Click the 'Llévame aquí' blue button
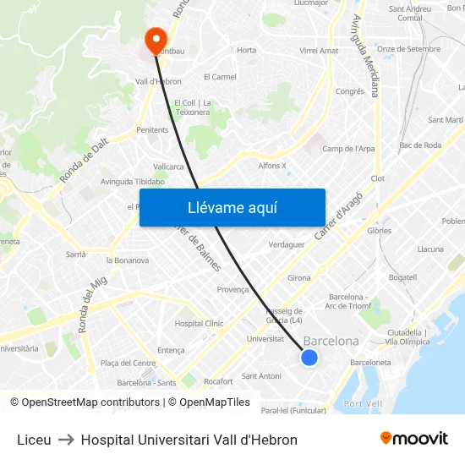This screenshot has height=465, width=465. pyautogui.click(x=232, y=207)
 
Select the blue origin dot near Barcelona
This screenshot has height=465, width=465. pyautogui.click(x=309, y=358)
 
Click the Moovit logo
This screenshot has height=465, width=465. pyautogui.click(x=414, y=439)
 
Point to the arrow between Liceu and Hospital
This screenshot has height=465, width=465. pyautogui.click(x=66, y=440)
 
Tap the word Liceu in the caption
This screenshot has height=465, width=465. pyautogui.click(x=34, y=440)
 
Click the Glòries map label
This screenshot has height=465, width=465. pyautogui.click(x=378, y=230)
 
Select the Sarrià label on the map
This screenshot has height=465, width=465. pyautogui.click(x=76, y=254)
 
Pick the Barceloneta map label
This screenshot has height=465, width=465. pyautogui.click(x=370, y=362)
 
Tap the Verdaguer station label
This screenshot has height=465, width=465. pyautogui.click(x=286, y=244)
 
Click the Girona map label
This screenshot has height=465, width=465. pyautogui.click(x=298, y=277)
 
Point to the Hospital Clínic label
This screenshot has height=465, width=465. pyautogui.click(x=199, y=323)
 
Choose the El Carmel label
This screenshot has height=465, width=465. pyautogui.click(x=220, y=77)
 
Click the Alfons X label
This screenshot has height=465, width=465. pyautogui.click(x=272, y=166)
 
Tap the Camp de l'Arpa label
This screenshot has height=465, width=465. pyautogui.click(x=348, y=149)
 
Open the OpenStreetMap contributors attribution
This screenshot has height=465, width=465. pyautogui.click(x=90, y=402)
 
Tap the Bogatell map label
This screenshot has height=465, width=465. pyautogui.click(x=402, y=277)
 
